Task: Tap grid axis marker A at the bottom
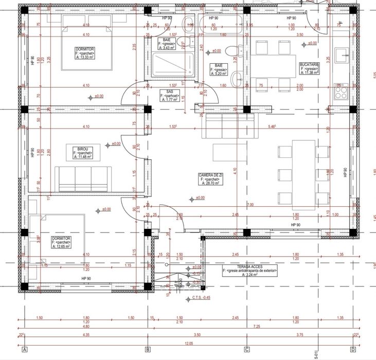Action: coord(24,350)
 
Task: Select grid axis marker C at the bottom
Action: coord(246,350)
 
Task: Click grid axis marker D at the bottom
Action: coord(353,350)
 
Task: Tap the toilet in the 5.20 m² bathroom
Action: coord(235,50)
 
